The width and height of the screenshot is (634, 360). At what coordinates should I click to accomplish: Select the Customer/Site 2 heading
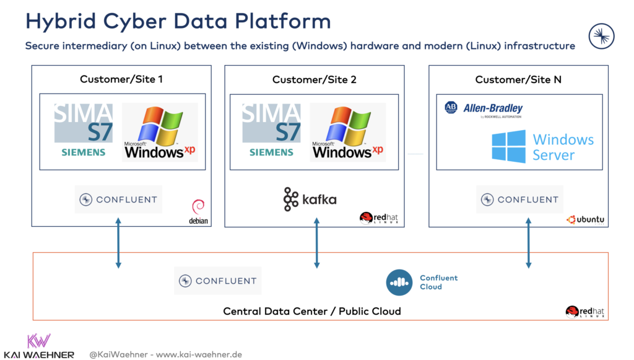pos(314,79)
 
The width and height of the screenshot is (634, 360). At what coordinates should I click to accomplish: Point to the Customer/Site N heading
pos(518,79)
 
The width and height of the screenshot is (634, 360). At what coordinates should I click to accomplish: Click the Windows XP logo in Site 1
pos(160,132)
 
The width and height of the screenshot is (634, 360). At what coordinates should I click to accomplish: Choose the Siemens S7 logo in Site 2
pos(271,131)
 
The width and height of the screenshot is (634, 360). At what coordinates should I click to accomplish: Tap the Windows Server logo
pos(543,147)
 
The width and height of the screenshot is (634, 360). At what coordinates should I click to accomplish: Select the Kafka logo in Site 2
pos(310,200)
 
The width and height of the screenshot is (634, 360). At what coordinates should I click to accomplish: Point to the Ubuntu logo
pos(585,219)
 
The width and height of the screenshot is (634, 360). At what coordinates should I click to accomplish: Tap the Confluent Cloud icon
pos(399,283)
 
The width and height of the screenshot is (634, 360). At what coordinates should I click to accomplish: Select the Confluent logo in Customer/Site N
pos(519,200)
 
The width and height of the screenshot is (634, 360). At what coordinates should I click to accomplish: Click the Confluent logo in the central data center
pos(217,281)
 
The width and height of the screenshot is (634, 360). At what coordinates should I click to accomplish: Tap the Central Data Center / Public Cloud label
pos(312,311)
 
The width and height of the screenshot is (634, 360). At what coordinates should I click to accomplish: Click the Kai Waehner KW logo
pos(39,341)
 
